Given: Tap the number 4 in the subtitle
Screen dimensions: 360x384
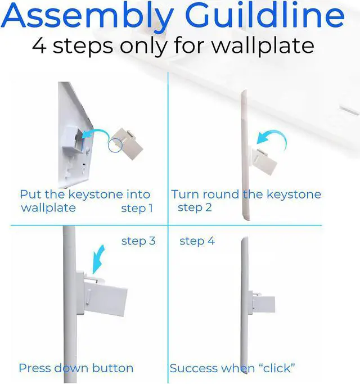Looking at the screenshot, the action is click(39, 46).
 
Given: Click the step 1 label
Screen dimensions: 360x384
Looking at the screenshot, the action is click(137, 208).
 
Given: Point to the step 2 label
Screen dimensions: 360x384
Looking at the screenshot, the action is click(195, 207).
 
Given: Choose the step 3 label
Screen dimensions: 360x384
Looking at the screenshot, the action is click(138, 241).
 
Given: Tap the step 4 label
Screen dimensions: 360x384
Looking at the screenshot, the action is click(197, 241).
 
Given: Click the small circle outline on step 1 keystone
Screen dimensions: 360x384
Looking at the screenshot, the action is click(115, 146).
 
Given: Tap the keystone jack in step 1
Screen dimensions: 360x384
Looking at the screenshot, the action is click(127, 144).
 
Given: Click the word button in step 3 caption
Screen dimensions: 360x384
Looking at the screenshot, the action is click(112, 368).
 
